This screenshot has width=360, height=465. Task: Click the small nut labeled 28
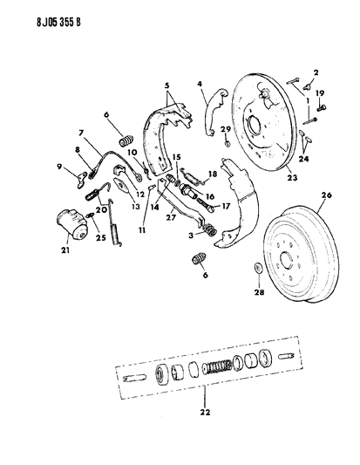click(259, 268)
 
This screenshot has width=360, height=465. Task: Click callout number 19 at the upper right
click(320, 92)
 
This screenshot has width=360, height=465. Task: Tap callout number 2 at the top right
click(316, 72)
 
